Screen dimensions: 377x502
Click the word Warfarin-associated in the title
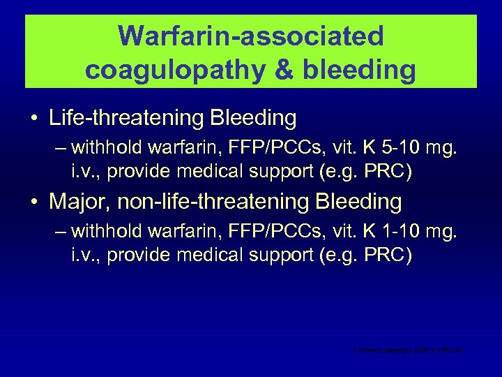[251, 36]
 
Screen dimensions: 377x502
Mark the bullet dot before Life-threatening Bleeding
[33, 119]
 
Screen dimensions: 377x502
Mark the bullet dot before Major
[33, 202]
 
